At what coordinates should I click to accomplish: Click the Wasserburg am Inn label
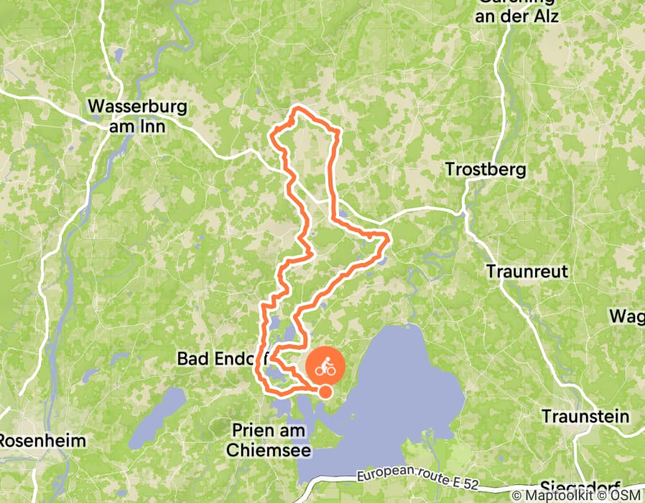[137, 116]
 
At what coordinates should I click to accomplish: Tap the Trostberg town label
[486, 170]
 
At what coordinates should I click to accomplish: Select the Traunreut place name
[526, 272]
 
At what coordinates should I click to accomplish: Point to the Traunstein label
[585, 417]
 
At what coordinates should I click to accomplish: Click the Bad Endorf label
[215, 358]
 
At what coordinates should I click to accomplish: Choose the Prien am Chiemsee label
[269, 440]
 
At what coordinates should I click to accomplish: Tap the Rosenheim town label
[42, 440]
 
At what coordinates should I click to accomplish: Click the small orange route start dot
[325, 392]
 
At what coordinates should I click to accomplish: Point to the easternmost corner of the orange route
[389, 237]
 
